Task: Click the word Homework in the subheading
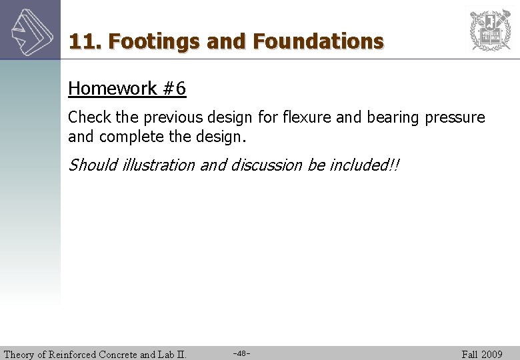tap(113, 89)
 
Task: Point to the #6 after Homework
tap(174, 89)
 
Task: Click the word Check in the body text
tap(89, 117)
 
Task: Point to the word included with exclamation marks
tap(360, 165)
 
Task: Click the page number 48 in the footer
tap(242, 353)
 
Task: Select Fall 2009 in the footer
tap(482, 354)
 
